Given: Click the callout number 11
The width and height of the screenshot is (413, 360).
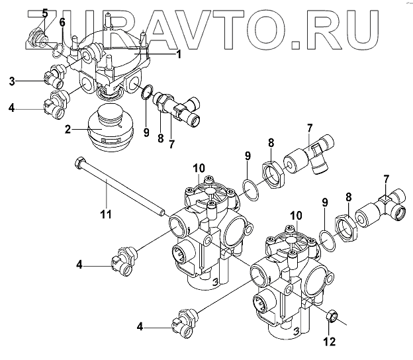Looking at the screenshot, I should (106, 214).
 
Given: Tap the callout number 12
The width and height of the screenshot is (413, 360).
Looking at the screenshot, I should (329, 341).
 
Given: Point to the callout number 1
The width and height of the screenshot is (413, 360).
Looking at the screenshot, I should (178, 55).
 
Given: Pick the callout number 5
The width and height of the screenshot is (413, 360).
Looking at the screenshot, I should (44, 13).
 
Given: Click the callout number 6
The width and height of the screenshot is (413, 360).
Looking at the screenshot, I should (62, 22).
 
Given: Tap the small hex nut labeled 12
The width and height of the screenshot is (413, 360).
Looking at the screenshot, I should (331, 318).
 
